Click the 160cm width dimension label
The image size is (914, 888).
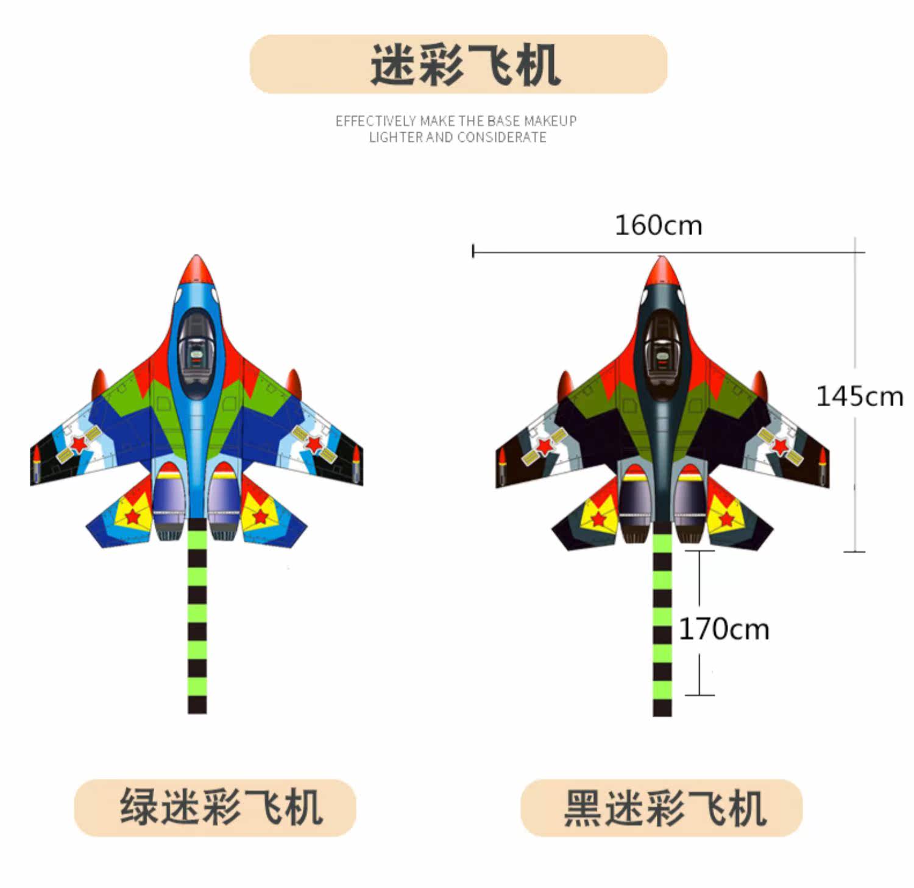click(x=658, y=225)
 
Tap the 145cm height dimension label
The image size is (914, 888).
click(x=859, y=396)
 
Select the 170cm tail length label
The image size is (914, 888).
click(x=723, y=629)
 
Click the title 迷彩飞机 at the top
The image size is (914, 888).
click(x=464, y=65)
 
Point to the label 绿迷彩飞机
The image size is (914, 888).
click(x=221, y=807)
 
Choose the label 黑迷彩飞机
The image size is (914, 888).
click(x=664, y=808)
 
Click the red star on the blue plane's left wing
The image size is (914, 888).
click(x=79, y=443)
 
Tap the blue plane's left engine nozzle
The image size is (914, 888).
click(x=169, y=529)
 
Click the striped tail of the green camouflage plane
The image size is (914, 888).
click(x=197, y=621)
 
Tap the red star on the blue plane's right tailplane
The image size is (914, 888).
click(x=261, y=516)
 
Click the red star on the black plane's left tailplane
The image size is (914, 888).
click(x=598, y=520)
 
